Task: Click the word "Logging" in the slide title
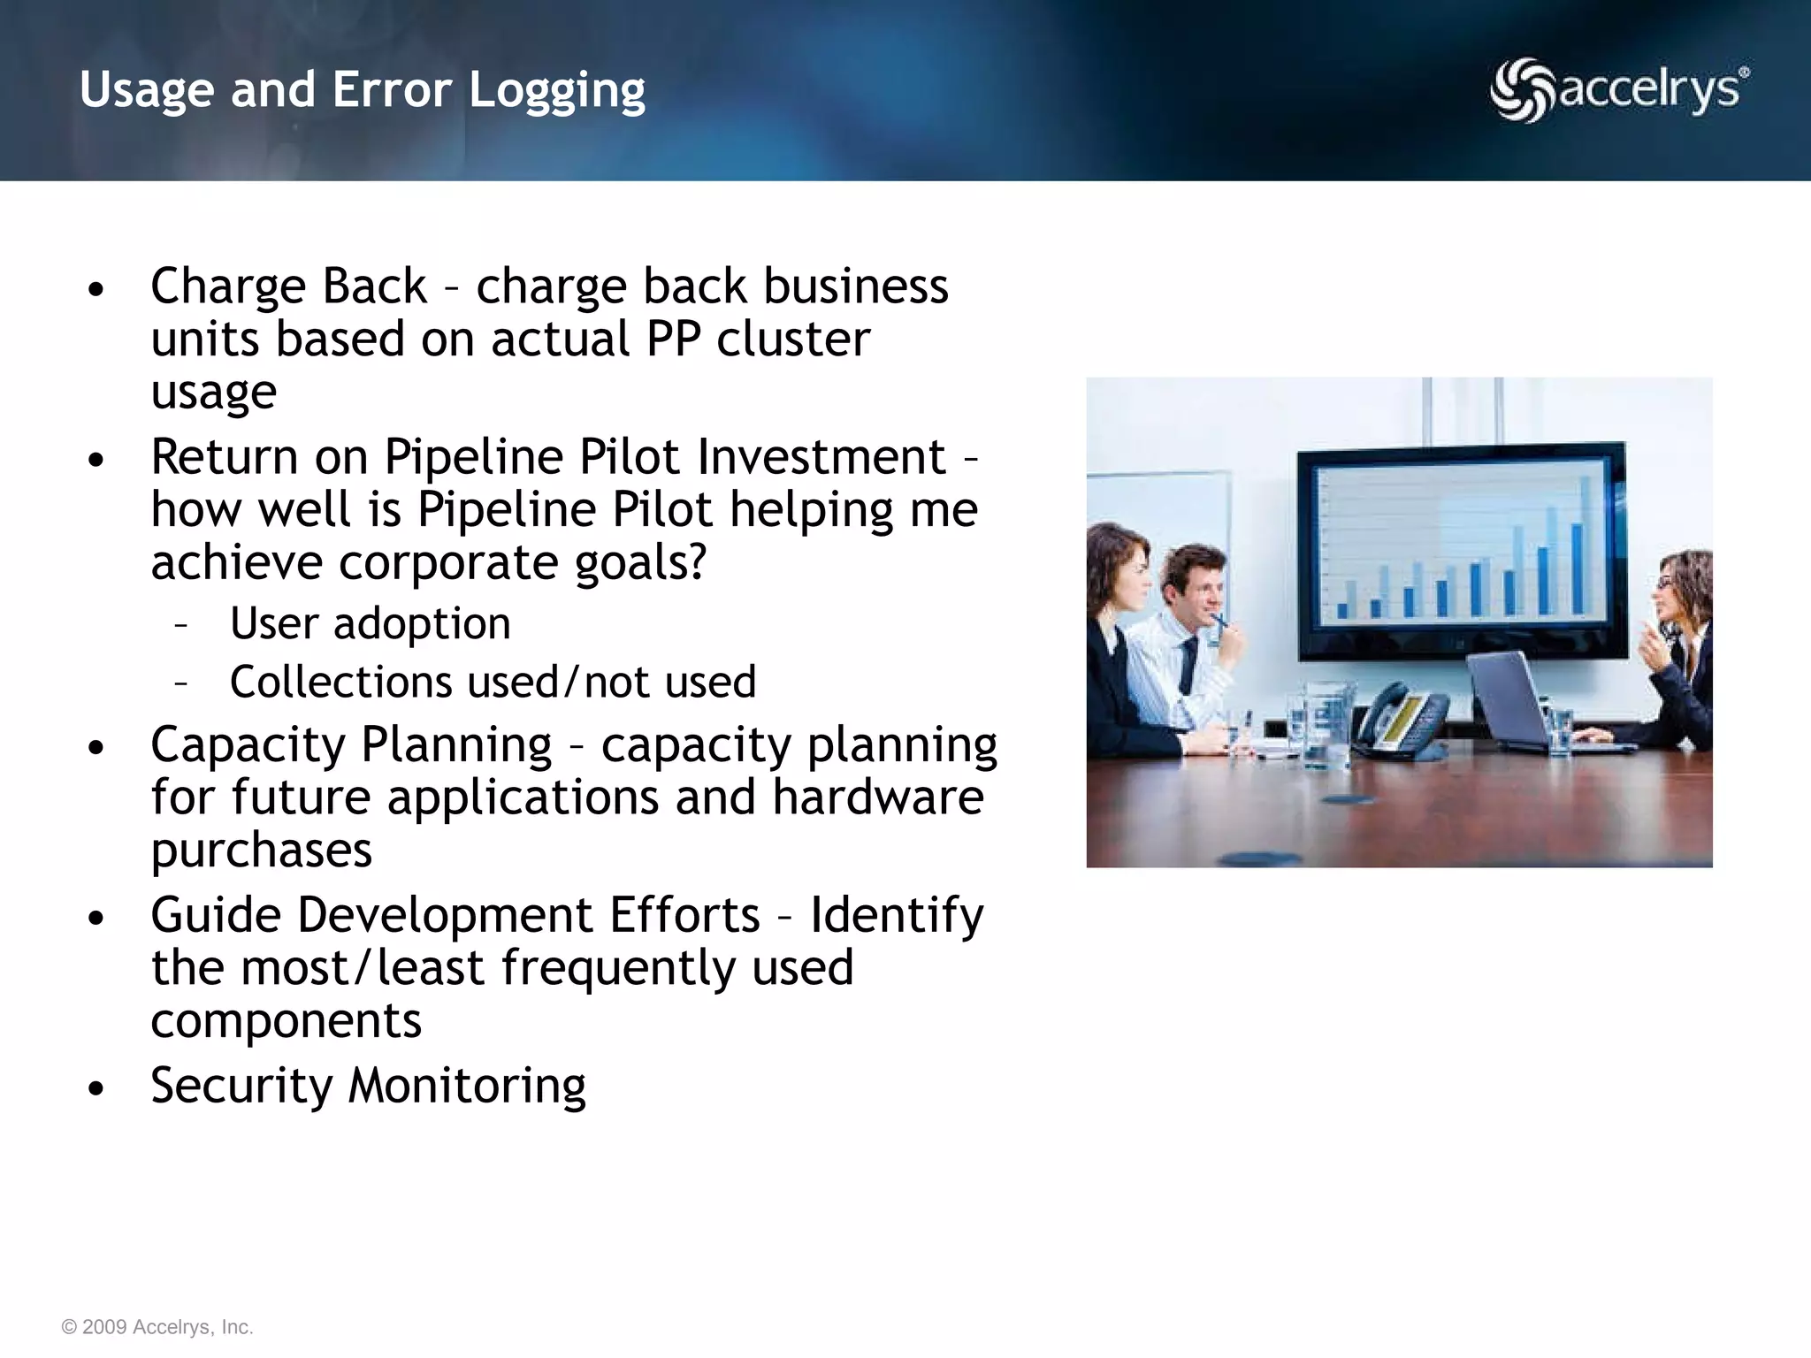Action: pos(557,90)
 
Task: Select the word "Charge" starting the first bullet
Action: pos(227,286)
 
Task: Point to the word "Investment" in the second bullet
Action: pos(821,457)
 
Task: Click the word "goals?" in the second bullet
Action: pos(641,563)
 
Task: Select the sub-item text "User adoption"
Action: pos(371,624)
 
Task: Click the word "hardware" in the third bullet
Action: pos(877,797)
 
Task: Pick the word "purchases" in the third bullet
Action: pos(262,851)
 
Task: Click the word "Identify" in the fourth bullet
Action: pos(897,915)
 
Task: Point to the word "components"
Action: pos(287,1021)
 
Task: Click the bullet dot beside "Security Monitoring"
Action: pos(96,1088)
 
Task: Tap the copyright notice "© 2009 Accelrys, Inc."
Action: pos(157,1327)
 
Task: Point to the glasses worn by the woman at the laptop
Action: pos(1662,584)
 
